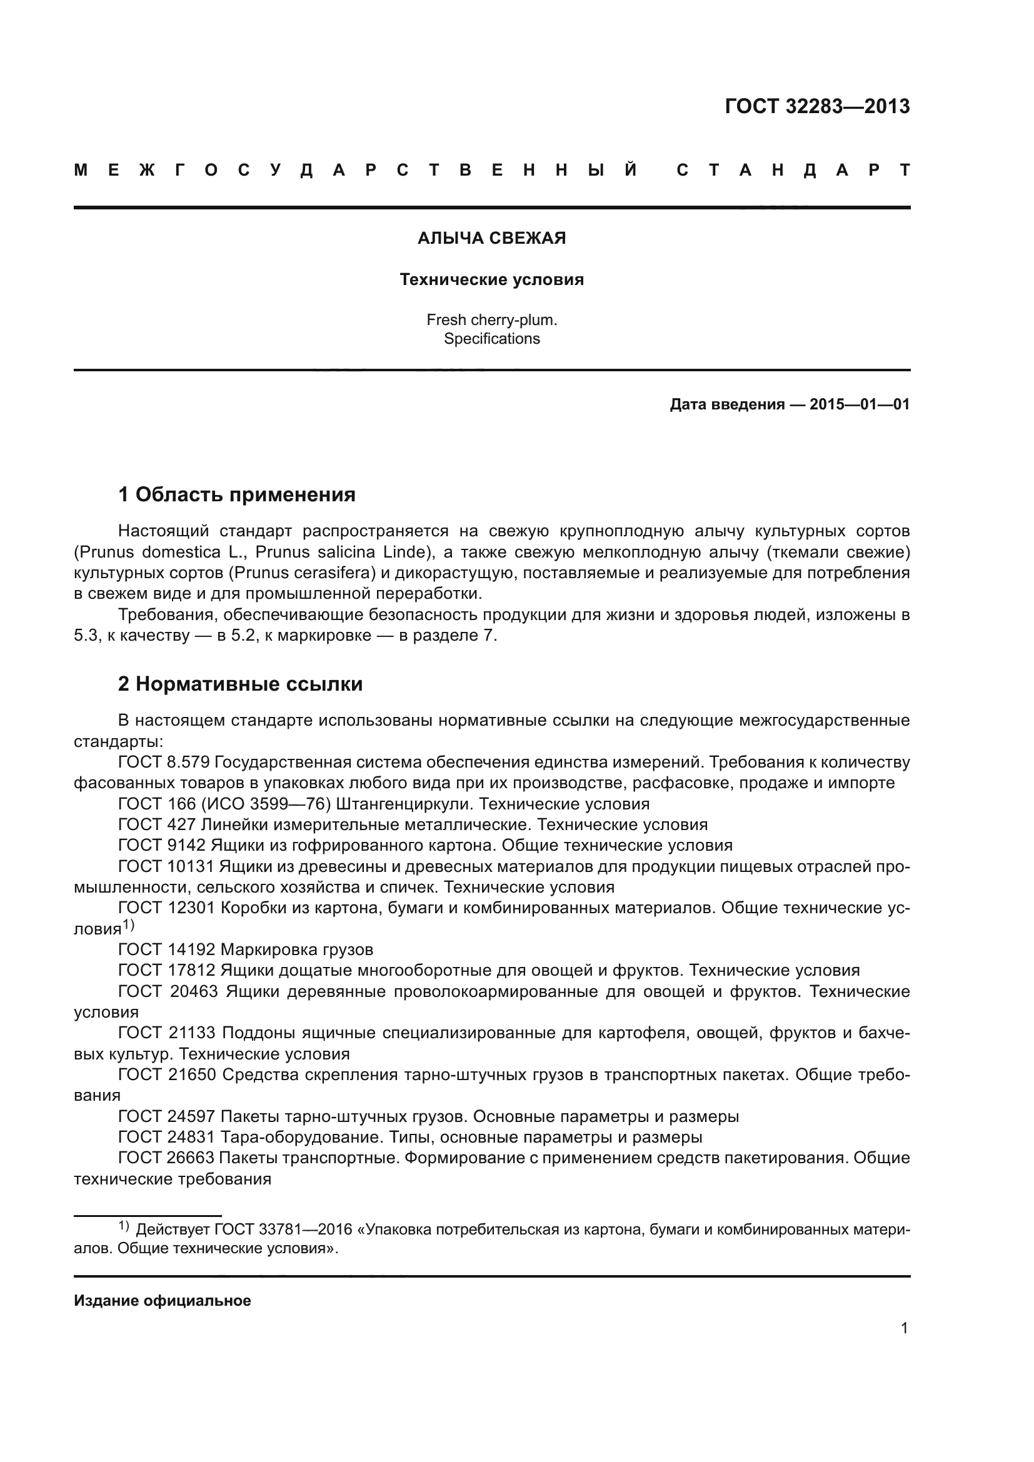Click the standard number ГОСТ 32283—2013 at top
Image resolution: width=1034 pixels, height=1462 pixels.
[x=817, y=106]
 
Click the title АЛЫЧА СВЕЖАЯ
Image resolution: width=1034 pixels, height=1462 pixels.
[x=491, y=238]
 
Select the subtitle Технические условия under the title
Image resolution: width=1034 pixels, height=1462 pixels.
[x=491, y=279]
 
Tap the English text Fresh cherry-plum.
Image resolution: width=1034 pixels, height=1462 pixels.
[x=491, y=319]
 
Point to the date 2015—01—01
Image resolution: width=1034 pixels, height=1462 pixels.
[x=860, y=404]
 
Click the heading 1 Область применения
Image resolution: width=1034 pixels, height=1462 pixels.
[x=237, y=494]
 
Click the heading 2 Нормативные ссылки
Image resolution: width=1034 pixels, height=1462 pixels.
[x=240, y=684]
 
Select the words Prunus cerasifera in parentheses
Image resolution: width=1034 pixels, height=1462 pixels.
[x=303, y=573]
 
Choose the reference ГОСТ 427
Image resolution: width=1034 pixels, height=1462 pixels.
[x=157, y=824]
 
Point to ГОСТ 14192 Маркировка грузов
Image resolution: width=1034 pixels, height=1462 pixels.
[x=246, y=949]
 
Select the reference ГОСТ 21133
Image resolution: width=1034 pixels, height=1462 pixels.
[x=167, y=1033]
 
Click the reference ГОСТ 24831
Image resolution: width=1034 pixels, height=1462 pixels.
[x=167, y=1136]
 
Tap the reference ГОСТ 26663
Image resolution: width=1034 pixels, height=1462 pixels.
[x=167, y=1158]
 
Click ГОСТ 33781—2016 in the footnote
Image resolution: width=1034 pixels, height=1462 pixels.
[x=283, y=1229]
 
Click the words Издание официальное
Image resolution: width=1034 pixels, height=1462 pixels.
[x=163, y=1300]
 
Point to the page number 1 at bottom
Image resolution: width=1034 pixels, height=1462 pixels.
[x=904, y=1328]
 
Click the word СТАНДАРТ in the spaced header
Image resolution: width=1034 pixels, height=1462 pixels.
[x=793, y=171]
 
